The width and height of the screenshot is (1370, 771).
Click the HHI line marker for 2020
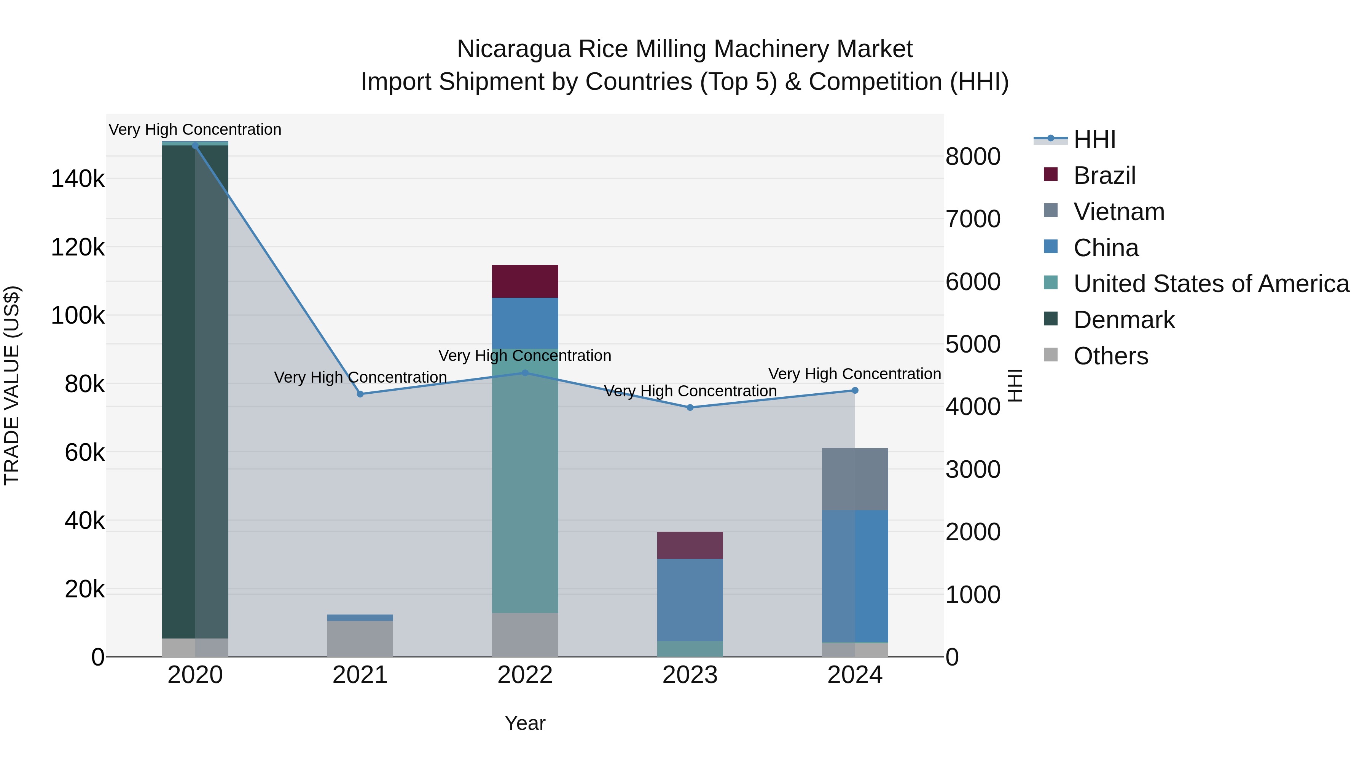(x=195, y=146)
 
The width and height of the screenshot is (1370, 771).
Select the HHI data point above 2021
(x=360, y=394)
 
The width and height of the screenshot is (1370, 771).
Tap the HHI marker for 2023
(x=690, y=407)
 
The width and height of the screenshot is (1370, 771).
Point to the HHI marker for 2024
(x=855, y=391)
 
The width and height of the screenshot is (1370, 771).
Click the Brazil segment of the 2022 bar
(x=525, y=281)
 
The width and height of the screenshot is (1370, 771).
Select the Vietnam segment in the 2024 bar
(x=855, y=479)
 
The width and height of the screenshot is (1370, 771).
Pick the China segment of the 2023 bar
(x=690, y=600)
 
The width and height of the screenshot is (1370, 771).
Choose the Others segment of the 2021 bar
(x=360, y=639)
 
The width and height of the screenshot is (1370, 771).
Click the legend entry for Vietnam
(x=1118, y=212)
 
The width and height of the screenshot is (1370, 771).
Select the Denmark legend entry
(x=1124, y=320)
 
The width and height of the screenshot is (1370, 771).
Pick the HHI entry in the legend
(x=1094, y=139)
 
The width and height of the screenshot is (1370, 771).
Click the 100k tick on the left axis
(x=78, y=316)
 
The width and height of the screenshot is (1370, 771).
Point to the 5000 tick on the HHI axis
(x=973, y=344)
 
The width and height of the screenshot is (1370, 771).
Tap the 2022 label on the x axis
(x=525, y=675)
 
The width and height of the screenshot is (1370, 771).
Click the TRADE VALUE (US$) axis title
(x=12, y=385)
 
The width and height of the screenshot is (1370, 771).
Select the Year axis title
(x=525, y=723)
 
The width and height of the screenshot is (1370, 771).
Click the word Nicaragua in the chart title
(x=513, y=49)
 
